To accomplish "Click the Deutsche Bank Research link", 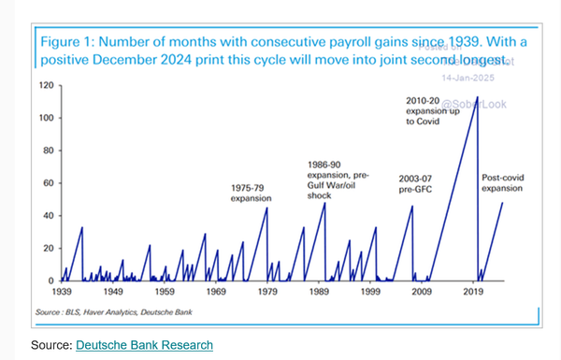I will (x=144, y=345).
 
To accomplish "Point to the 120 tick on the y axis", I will (x=46, y=85).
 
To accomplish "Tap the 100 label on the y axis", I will (x=46, y=118).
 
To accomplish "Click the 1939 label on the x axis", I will (x=62, y=293).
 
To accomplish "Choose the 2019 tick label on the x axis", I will (x=472, y=293).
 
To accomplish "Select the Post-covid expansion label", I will (x=501, y=182).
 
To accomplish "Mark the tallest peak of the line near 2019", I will (x=478, y=97).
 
